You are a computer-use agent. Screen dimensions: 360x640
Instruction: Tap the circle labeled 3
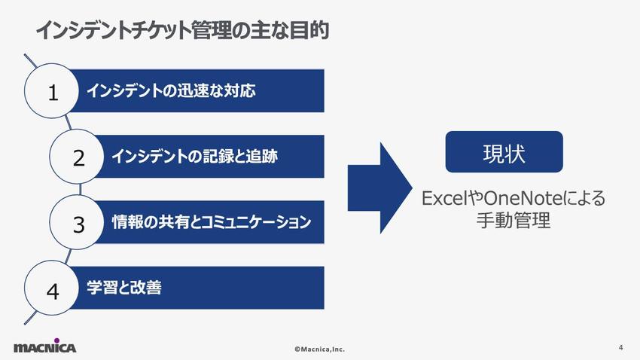click(78, 223)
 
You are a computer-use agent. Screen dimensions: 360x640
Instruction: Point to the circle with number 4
click(53, 289)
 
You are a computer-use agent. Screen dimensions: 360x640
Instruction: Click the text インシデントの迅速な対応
click(172, 91)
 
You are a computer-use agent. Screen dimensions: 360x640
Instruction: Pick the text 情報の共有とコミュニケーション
click(212, 223)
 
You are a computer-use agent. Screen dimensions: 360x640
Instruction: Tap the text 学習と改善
click(124, 288)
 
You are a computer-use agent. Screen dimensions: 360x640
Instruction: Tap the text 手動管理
click(503, 221)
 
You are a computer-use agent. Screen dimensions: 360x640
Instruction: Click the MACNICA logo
click(44, 347)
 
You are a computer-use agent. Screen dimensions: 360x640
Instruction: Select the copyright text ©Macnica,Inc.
click(319, 349)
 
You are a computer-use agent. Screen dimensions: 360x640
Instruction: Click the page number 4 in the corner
click(620, 347)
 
